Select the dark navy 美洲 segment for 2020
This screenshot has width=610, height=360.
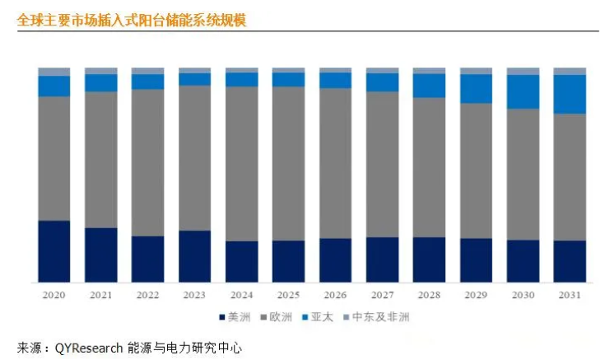54,251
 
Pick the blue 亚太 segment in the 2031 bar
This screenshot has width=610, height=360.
570,94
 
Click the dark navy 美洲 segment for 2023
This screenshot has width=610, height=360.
195,256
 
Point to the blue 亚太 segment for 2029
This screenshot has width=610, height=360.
476,88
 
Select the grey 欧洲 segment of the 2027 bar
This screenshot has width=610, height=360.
382,164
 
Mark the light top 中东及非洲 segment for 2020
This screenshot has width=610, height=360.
54,72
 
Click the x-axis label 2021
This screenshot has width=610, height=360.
101,295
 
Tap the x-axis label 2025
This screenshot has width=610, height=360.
288,295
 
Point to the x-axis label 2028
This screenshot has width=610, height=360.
429,295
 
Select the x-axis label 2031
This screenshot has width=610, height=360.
570,295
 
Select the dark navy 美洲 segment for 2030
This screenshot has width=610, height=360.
523,261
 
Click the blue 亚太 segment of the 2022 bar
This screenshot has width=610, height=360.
148,82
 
